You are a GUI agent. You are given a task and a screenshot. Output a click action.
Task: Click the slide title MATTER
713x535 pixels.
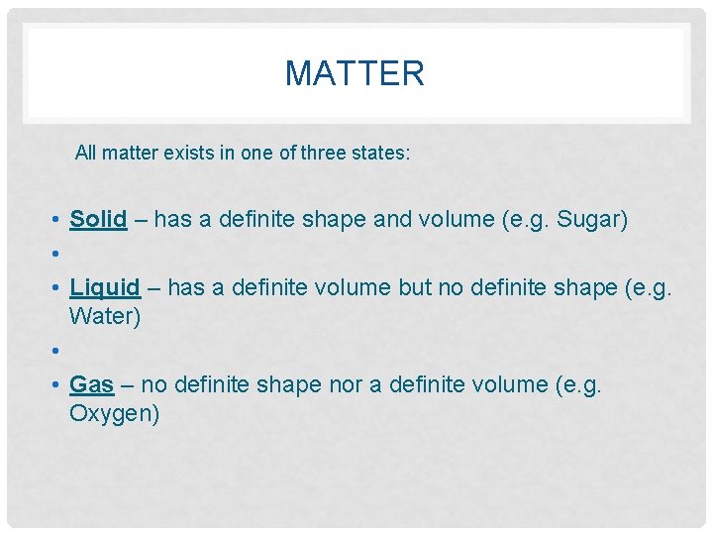[x=355, y=73]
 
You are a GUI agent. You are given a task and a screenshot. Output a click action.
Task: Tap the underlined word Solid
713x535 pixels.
[x=98, y=219]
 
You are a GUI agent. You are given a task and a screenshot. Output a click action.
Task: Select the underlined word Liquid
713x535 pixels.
[x=105, y=287]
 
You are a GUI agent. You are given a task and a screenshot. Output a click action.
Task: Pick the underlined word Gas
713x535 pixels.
[x=92, y=383]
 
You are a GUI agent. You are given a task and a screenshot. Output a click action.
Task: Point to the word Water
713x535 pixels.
[x=105, y=317]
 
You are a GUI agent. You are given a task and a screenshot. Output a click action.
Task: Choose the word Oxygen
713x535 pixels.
[x=114, y=413]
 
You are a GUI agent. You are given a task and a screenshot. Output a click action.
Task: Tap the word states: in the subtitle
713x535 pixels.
[x=383, y=154]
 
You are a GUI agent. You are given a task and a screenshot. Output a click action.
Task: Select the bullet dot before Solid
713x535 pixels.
[x=59, y=220]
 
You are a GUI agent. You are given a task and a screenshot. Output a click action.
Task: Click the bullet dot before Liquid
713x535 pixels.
[x=59, y=288]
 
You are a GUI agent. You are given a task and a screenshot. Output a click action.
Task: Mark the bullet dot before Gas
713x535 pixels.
[x=59, y=384]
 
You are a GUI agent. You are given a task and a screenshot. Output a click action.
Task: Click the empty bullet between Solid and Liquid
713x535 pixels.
[x=59, y=254]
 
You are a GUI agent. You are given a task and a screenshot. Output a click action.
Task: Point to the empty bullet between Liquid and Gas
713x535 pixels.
[x=59, y=351]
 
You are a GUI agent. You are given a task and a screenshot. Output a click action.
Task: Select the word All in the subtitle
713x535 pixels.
[x=86, y=154]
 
